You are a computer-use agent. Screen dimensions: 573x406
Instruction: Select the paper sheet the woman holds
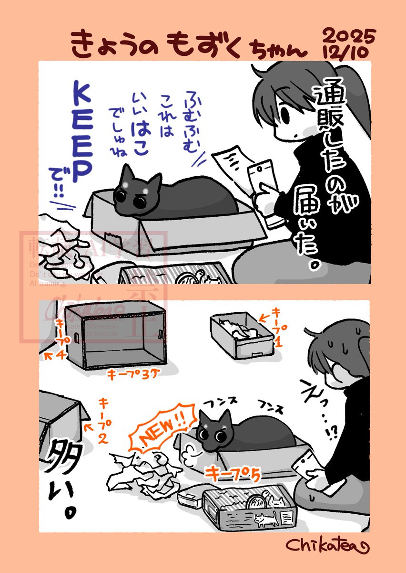tap(231, 167)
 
